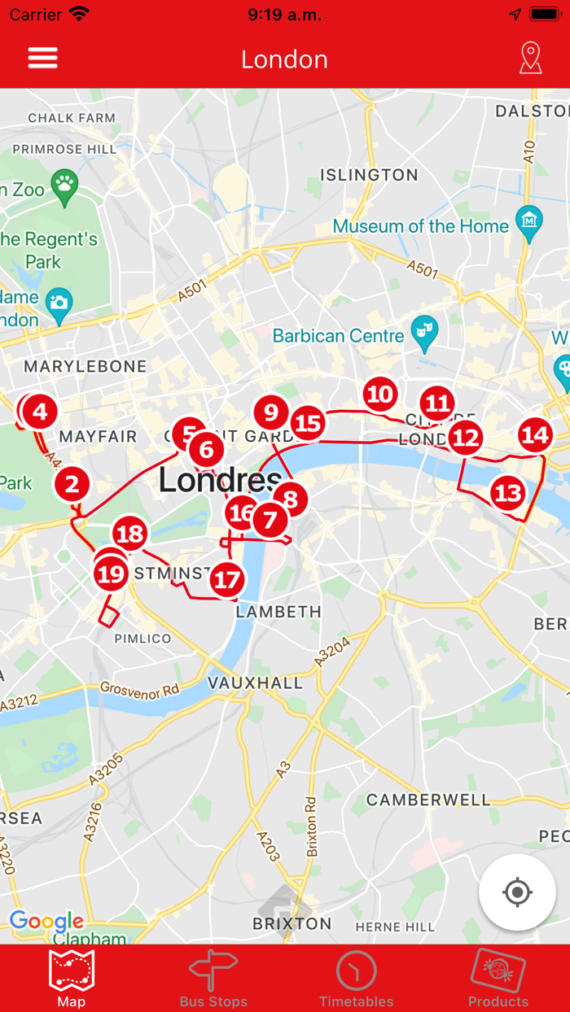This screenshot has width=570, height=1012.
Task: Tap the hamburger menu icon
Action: click(43, 59)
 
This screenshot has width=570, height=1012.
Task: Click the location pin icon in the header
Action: click(530, 59)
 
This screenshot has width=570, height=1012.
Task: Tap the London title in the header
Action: click(284, 59)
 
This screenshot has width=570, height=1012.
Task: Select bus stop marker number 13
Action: click(507, 492)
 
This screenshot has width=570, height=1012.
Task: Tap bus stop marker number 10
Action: click(379, 395)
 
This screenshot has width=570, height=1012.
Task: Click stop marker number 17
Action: click(228, 580)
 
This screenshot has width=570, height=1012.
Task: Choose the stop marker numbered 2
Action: click(72, 485)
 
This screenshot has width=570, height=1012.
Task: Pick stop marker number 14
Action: click(535, 435)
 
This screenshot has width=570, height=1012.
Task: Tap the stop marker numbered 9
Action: click(271, 412)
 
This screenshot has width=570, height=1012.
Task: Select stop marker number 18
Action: click(129, 534)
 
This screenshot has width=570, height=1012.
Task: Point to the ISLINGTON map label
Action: click(369, 175)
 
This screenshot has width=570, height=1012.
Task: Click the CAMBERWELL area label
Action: click(428, 800)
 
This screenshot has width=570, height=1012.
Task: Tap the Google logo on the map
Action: click(46, 921)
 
